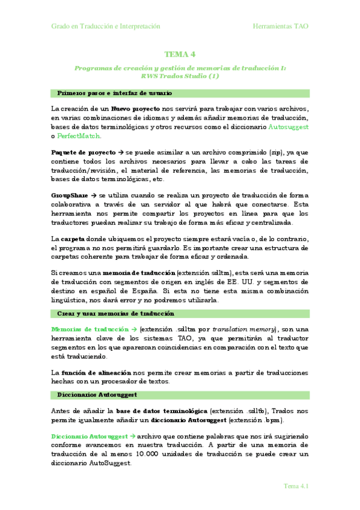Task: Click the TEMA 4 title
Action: tap(180, 55)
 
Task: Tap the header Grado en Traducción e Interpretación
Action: tap(106, 26)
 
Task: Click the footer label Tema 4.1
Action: tap(296, 486)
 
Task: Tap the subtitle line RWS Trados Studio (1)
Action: tap(180, 77)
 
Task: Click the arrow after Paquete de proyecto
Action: tap(121, 153)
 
